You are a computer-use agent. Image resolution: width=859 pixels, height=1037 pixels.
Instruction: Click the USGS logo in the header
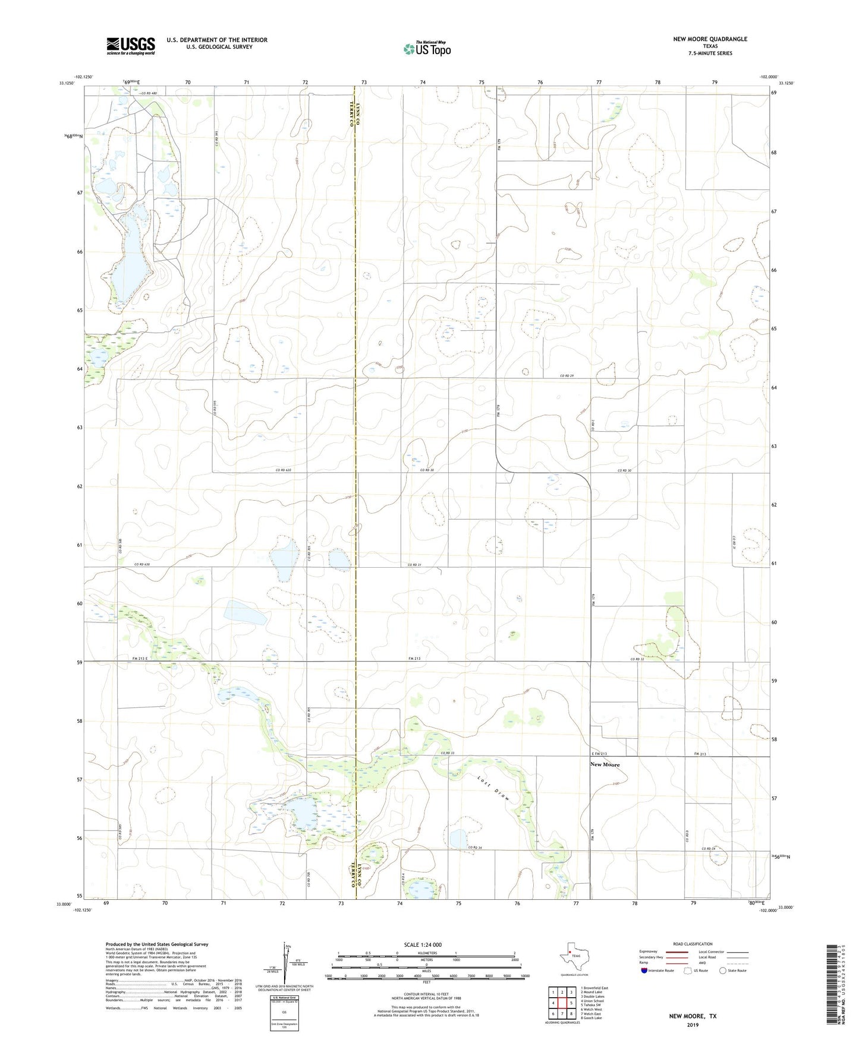pos(131,46)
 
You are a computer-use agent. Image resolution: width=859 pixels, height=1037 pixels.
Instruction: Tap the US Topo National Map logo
pos(426,49)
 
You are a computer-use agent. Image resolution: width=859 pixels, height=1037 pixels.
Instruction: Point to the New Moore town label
pos(605,764)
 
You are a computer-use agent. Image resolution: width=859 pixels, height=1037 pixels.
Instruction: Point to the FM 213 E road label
pos(143,659)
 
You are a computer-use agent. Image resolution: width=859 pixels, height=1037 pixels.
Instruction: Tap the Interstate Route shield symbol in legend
pos(645,970)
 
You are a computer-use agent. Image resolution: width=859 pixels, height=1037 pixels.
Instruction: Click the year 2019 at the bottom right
pos(693,1025)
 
